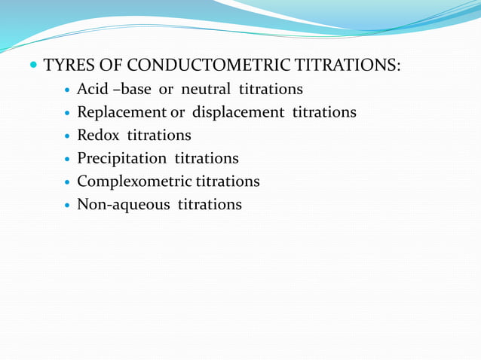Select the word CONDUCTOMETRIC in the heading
pyautogui.click(x=201, y=66)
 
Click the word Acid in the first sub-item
pyautogui.click(x=93, y=90)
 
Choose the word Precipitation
pyautogui.click(x=122, y=158)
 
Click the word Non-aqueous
pyautogui.click(x=124, y=204)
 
